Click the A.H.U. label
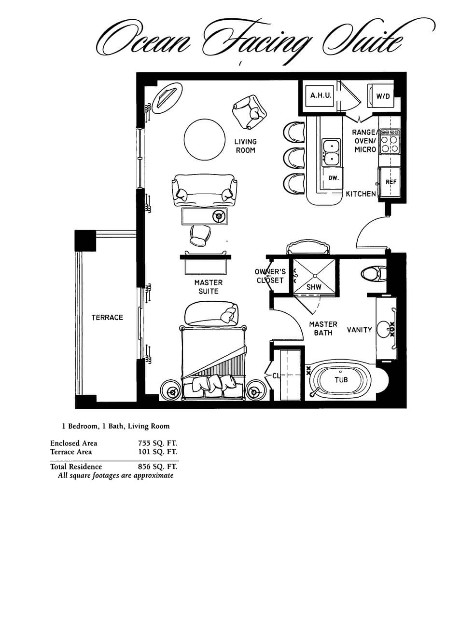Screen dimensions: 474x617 point(321,96)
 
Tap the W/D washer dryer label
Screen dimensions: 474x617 point(383,96)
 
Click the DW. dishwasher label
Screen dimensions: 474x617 point(334,178)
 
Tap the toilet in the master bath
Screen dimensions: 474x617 point(373,274)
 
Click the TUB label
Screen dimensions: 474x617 point(341,380)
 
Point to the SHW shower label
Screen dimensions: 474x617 point(314,287)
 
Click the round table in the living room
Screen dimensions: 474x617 point(205,139)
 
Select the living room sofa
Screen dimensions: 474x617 point(204,191)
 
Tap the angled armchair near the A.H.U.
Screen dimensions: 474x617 point(250,111)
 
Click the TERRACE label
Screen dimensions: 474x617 point(107,318)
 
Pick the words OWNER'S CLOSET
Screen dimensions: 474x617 point(270,276)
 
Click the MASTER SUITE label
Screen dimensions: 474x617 point(209,287)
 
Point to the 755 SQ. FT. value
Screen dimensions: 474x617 point(157,443)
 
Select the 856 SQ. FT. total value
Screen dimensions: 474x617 point(157,467)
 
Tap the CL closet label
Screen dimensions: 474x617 point(276,376)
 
